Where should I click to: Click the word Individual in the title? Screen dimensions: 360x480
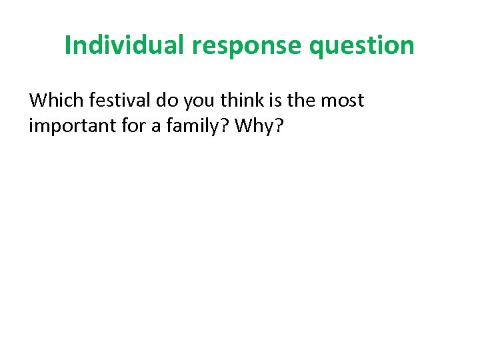click(125, 45)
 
